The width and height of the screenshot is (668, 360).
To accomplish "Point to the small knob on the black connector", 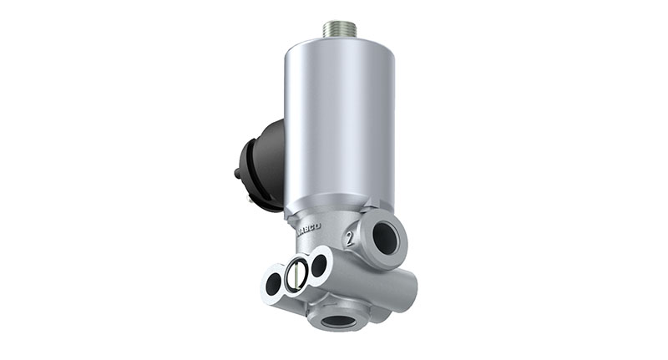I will [x=237, y=174].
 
